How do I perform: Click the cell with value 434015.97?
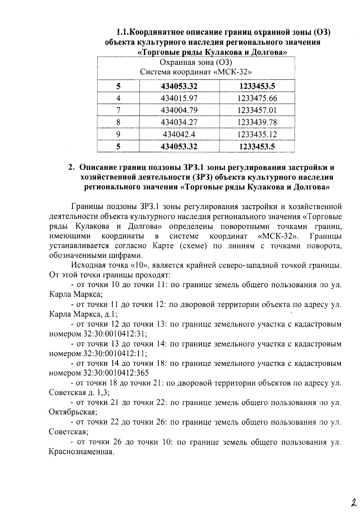point(179,98)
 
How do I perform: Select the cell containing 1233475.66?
point(257,98)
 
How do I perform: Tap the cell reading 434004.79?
point(179,110)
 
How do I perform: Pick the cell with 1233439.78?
point(257,122)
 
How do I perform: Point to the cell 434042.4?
point(179,134)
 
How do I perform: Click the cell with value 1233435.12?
point(257,134)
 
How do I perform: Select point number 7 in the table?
point(118,110)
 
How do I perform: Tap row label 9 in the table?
point(118,134)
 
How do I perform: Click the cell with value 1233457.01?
point(257,110)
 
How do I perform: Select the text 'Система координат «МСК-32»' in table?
point(196,72)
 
